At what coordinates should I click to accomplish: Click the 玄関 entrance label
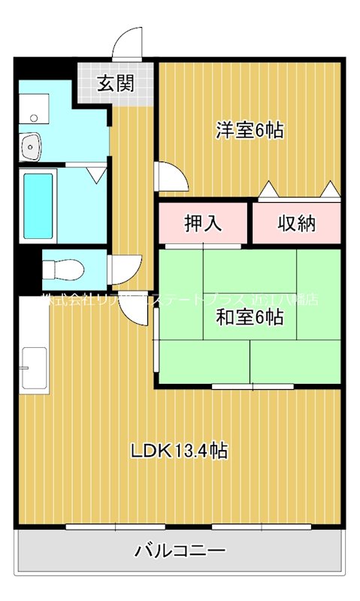click(115, 83)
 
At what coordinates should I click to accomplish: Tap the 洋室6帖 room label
click(250, 130)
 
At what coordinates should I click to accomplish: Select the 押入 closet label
click(203, 223)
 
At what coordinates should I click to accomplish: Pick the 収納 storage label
click(296, 223)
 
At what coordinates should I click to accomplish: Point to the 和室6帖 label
click(250, 318)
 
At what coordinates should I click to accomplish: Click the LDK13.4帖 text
click(179, 452)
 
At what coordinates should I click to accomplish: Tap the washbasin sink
click(31, 146)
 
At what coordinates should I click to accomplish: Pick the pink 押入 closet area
click(203, 223)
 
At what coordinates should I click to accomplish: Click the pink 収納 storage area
click(296, 223)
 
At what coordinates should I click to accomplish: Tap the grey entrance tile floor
click(115, 86)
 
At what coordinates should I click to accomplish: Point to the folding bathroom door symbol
click(96, 174)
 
